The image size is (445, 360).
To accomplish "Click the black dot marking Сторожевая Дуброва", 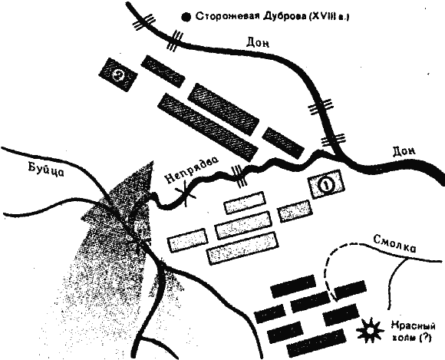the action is (186, 18).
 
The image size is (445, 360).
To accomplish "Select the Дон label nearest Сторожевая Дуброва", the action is (257, 43).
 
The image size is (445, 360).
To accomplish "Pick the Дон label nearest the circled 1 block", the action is (404, 151).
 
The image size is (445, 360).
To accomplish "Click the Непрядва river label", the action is (191, 168).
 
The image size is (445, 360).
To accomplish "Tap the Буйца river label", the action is (46, 170).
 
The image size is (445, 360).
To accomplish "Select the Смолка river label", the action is (394, 243).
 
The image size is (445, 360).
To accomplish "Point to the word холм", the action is (402, 339).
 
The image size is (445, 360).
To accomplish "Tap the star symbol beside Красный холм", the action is (370, 330).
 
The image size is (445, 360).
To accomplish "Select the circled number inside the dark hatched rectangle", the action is (118, 75).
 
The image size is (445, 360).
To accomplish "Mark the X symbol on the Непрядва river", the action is (186, 194).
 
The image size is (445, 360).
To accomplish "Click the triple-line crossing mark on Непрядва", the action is (240, 177).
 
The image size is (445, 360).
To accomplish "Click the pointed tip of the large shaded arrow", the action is (153, 161).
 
